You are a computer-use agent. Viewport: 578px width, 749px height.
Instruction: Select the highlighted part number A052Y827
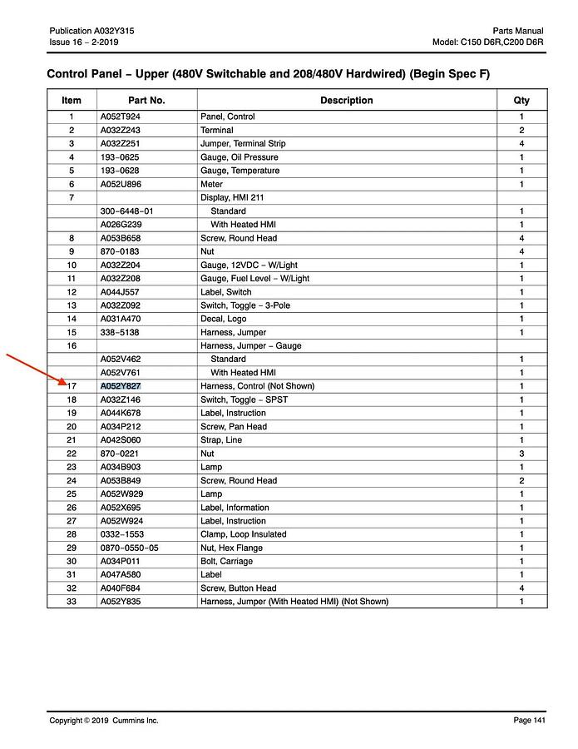[121, 386]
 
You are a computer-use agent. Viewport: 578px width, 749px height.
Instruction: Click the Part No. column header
[146, 101]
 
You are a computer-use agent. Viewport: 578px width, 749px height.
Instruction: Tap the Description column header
[346, 101]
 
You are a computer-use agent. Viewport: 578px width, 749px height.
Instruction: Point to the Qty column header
[521, 101]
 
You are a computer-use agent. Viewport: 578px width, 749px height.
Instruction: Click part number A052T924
[120, 117]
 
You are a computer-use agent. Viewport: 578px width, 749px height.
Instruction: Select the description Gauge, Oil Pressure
[240, 157]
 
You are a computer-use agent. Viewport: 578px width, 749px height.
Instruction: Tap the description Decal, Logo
[223, 319]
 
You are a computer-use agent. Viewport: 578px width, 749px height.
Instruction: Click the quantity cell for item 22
[521, 454]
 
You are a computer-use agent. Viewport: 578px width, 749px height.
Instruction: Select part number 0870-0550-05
[129, 548]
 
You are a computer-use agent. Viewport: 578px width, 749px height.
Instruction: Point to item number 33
[72, 602]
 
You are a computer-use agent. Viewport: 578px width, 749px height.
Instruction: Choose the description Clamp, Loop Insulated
[243, 534]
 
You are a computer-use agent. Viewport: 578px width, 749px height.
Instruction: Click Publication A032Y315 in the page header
[91, 31]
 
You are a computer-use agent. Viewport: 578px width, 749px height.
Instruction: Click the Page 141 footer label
[529, 721]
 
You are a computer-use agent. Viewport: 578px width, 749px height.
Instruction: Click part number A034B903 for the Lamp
[121, 467]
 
